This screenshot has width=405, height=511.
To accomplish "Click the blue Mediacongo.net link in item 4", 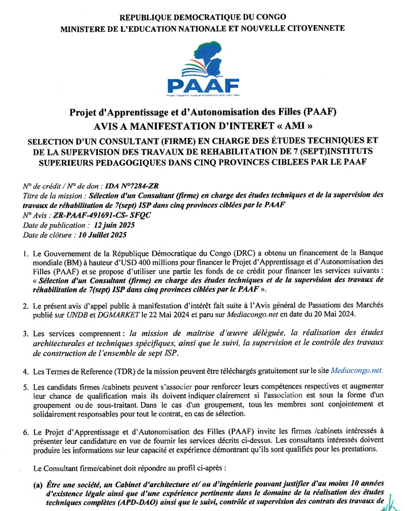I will coord(357,370).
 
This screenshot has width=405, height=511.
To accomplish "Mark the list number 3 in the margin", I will coord(26,333).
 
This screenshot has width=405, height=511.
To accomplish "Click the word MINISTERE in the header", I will coord(88,28).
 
